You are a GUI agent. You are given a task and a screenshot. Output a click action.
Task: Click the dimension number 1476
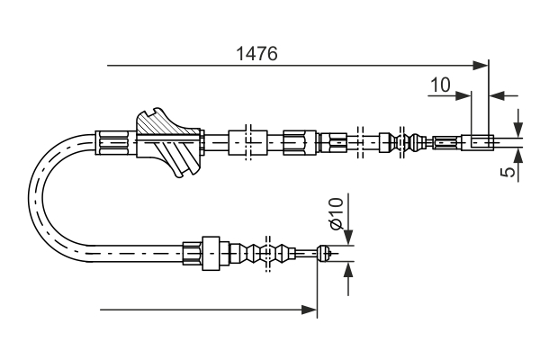point(256,53)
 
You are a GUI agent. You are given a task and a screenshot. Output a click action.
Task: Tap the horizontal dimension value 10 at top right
point(440,85)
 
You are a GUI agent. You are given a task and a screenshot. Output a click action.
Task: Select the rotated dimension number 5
point(510,169)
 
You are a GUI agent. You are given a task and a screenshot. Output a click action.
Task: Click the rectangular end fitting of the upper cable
point(478,141)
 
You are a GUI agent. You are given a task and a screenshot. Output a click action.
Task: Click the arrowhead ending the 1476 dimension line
point(481,65)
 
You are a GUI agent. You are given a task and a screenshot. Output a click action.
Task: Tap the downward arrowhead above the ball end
point(347,238)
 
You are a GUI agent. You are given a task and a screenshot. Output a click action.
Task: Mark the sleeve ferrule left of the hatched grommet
point(112,141)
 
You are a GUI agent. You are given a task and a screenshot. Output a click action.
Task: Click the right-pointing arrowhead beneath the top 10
point(465,94)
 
